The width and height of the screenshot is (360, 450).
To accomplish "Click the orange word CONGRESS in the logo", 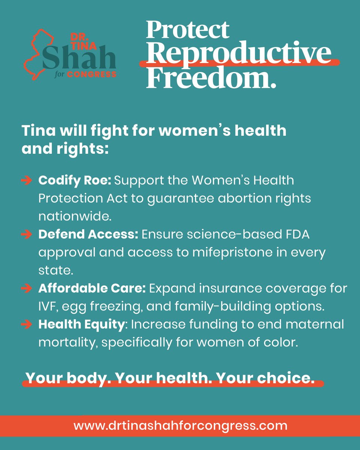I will [92, 74].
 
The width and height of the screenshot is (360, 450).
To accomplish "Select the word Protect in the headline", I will [187, 30].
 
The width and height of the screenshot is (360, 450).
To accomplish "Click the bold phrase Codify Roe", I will [75, 181].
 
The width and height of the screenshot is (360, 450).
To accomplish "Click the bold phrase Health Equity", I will [81, 325].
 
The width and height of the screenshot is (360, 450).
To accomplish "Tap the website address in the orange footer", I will [180, 426].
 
